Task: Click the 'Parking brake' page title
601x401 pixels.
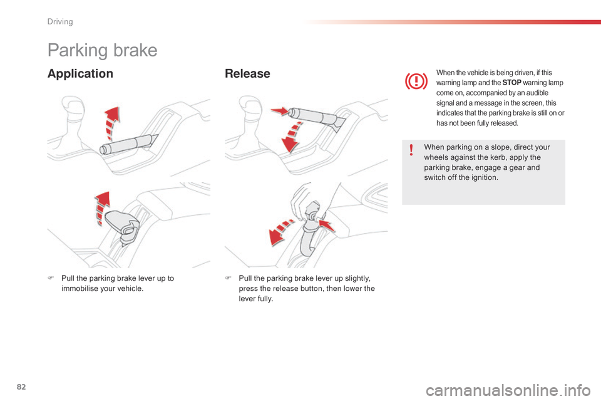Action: click(x=102, y=50)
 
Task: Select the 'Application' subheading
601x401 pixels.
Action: click(x=80, y=74)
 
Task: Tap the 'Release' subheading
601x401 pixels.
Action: click(x=247, y=74)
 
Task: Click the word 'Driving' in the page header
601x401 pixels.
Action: click(x=60, y=22)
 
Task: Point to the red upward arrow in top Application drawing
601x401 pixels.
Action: click(x=111, y=123)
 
